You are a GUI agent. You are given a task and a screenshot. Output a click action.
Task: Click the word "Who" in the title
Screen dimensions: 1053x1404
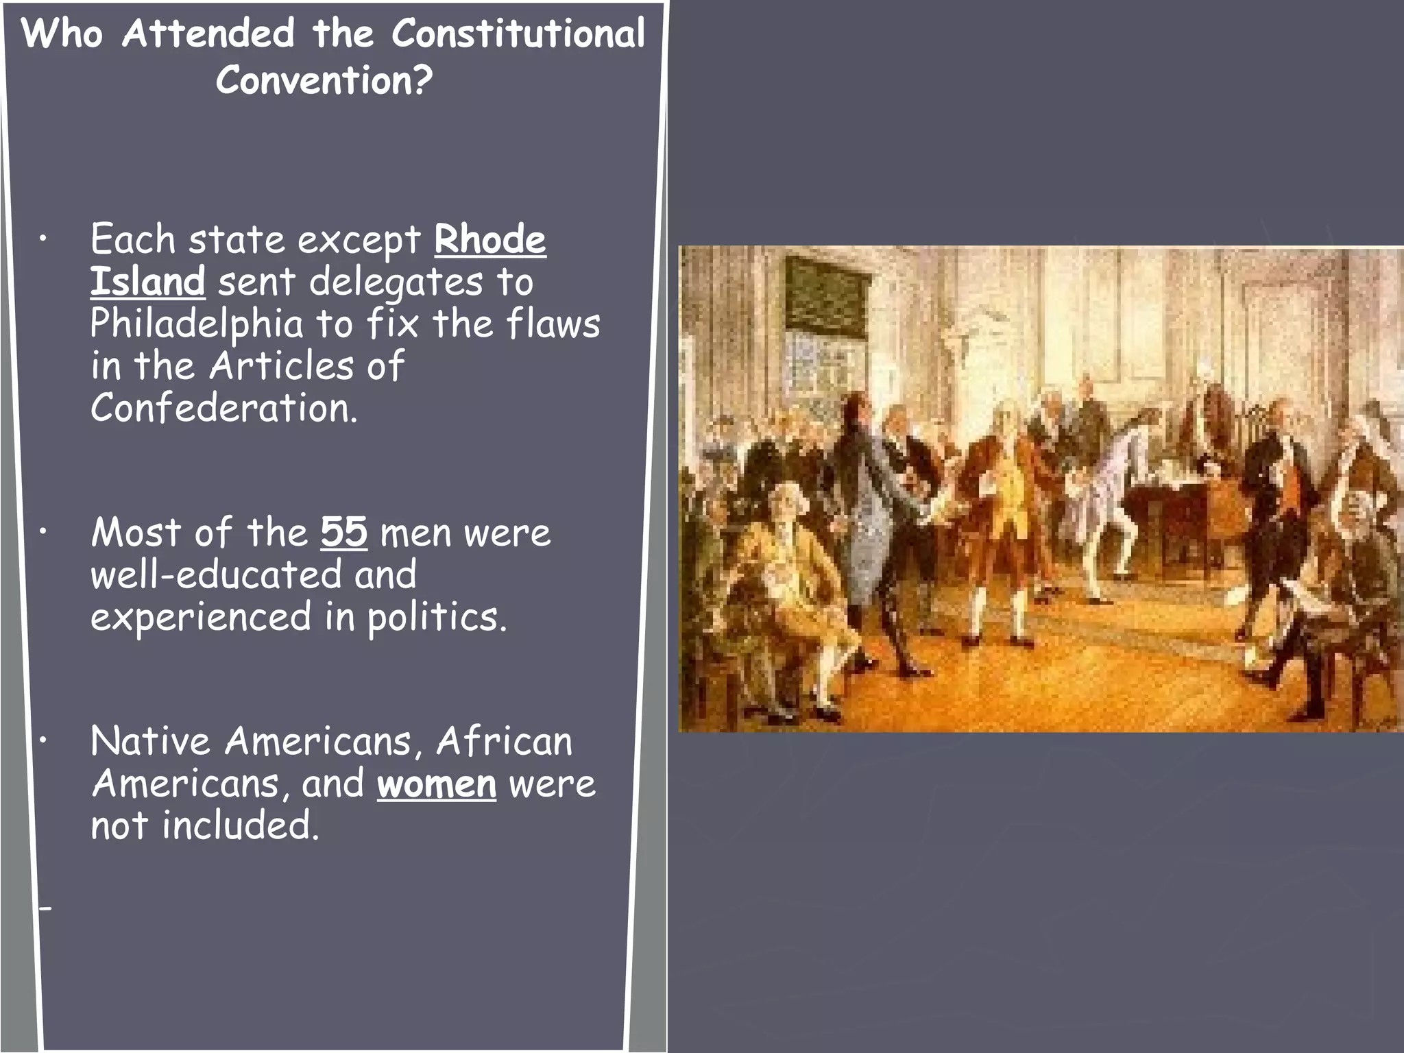pos(62,34)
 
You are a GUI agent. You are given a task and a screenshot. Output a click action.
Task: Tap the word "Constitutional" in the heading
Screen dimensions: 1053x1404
pos(518,34)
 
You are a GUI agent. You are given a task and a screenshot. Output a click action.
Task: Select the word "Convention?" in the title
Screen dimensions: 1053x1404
pos(324,81)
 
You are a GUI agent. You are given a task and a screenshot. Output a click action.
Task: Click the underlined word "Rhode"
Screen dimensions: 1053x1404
pos(489,240)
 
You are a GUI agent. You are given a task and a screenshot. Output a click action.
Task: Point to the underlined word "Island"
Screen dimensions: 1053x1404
pos(147,282)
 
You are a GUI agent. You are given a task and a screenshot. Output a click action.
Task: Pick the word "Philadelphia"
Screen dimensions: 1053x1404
pos(197,324)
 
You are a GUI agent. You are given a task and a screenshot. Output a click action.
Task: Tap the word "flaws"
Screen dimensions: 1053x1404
pos(553,324)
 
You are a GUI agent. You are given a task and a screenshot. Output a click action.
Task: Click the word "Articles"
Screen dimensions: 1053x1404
pos(281,365)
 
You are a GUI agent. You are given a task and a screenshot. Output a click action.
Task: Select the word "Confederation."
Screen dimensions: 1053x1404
pos(224,408)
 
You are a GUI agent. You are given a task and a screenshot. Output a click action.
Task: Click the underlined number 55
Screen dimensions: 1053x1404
pos(343,532)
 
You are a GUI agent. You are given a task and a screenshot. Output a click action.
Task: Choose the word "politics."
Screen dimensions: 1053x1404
pos(437,617)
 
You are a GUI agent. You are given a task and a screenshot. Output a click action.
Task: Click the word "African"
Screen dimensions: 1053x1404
pos(504,741)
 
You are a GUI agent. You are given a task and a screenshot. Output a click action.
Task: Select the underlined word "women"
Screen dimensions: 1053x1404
pos(437,784)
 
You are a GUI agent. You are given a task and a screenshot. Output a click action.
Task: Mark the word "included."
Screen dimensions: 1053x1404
pos(241,825)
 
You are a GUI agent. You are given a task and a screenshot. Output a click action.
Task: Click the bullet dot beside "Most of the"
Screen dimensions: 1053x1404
pos(43,531)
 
